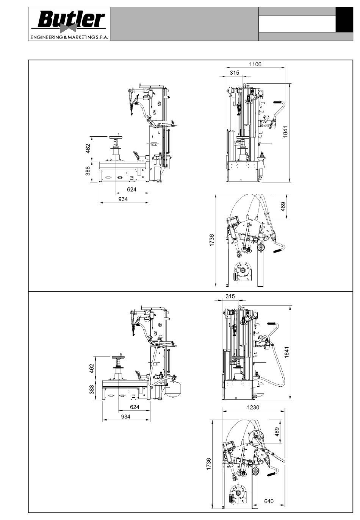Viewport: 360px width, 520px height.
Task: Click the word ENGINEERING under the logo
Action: (x=45, y=37)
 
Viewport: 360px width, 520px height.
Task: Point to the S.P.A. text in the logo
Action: (x=102, y=37)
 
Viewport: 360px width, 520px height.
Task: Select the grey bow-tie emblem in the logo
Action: (x=66, y=28)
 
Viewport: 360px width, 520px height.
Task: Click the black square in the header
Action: (x=344, y=20)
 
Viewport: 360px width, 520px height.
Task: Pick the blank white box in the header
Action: (x=297, y=24)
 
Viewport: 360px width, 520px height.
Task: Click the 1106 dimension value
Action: (x=255, y=64)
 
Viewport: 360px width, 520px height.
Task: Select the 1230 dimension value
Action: (x=253, y=408)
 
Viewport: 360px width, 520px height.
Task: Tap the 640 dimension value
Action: (x=269, y=501)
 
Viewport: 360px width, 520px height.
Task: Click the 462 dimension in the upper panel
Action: (x=88, y=148)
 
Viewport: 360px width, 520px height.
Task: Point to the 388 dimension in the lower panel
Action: (x=92, y=389)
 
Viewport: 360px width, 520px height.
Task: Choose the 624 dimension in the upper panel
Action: (x=131, y=189)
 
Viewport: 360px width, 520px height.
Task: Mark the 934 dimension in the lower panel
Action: (x=125, y=417)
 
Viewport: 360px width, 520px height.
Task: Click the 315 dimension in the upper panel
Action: (x=235, y=73)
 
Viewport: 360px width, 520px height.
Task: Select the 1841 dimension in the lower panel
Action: (x=286, y=352)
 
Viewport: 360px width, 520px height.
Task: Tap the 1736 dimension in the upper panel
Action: (x=211, y=240)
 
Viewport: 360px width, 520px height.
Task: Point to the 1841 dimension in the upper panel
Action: (x=285, y=132)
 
